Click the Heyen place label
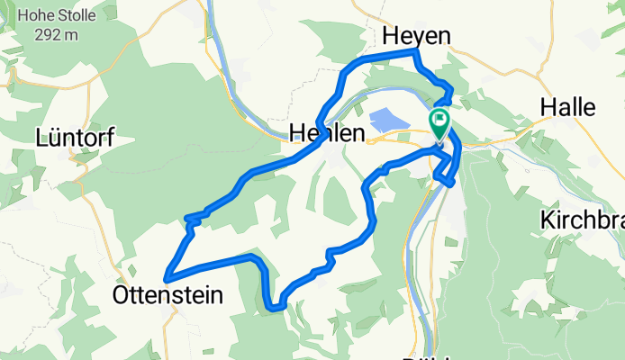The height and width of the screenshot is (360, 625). [415, 35]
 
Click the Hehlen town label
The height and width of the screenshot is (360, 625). [327, 134]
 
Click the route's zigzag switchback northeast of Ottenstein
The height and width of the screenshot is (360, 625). [191, 220]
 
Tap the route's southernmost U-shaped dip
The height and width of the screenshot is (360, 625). [275, 306]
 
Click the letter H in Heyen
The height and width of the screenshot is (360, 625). [391, 35]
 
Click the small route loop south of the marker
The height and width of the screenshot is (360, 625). [448, 178]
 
